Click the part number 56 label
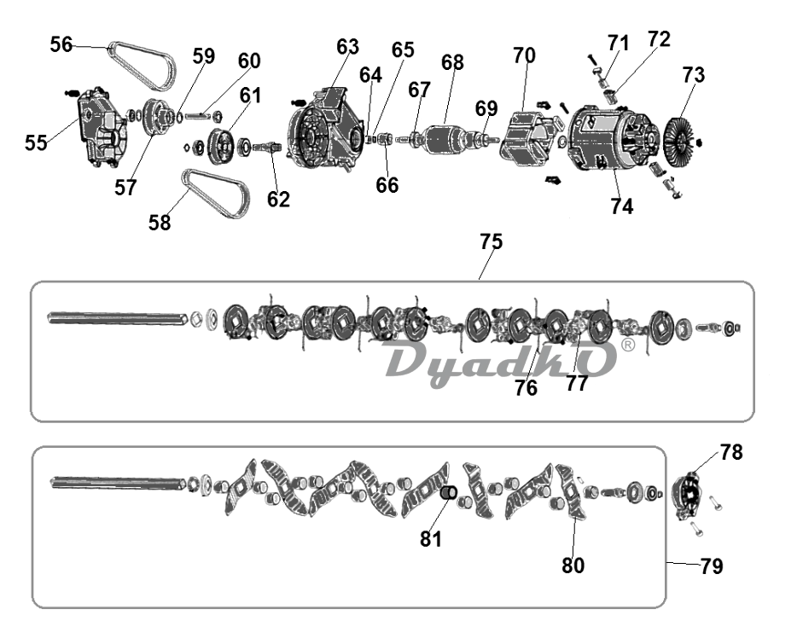pyautogui.click(x=61, y=44)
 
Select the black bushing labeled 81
pyautogui.click(x=449, y=492)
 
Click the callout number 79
pyautogui.click(x=711, y=566)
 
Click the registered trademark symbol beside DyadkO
pyautogui.click(x=627, y=345)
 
